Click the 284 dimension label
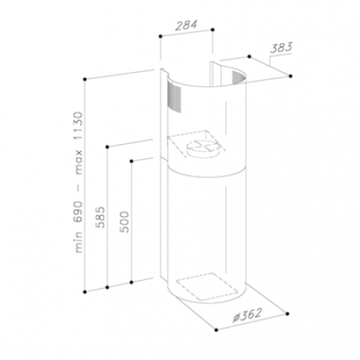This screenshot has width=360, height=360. click(186, 25)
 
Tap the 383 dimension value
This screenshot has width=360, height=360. click(281, 47)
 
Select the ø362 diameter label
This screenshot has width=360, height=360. click(247, 315)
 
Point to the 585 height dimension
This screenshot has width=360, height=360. click(100, 217)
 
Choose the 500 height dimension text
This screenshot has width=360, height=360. click(124, 222)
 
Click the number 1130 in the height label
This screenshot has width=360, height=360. click(77, 125)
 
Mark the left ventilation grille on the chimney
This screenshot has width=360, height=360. click(174, 97)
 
